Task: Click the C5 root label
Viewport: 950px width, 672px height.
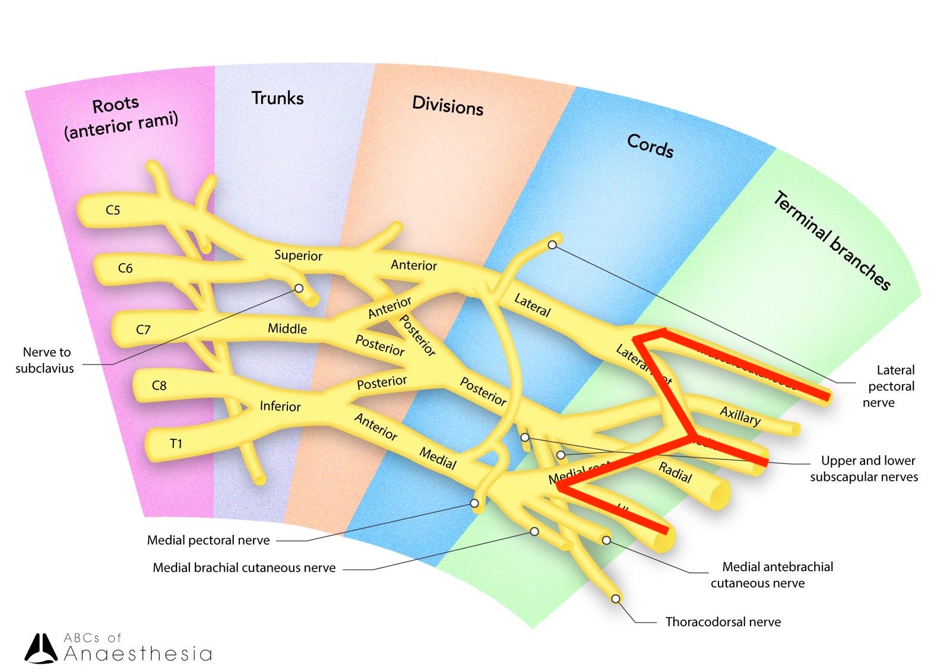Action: (x=113, y=210)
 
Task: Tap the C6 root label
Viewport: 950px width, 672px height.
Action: (x=125, y=268)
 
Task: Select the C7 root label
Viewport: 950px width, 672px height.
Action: (x=143, y=329)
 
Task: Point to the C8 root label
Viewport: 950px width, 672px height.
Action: (x=159, y=385)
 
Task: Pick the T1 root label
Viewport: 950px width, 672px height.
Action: (x=176, y=443)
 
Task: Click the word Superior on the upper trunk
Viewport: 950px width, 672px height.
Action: (x=298, y=255)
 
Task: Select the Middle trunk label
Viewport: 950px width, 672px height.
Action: (x=287, y=328)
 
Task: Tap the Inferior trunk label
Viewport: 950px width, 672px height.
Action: (x=280, y=406)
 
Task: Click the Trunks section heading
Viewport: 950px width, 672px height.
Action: (x=277, y=98)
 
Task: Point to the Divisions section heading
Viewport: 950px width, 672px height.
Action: (x=448, y=106)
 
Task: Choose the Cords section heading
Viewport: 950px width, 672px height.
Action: (x=650, y=145)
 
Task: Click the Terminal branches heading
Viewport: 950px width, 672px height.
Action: (x=832, y=240)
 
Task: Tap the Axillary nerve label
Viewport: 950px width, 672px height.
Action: (x=740, y=416)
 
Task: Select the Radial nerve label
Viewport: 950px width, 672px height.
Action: (x=675, y=472)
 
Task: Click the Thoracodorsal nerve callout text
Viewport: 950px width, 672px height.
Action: (x=723, y=622)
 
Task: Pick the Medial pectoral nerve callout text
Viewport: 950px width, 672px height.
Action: (x=208, y=540)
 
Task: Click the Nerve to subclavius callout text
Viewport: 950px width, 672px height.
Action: (x=45, y=360)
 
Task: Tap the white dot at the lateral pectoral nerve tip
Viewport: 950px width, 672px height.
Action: (x=552, y=245)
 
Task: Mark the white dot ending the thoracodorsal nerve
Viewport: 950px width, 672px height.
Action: (x=616, y=599)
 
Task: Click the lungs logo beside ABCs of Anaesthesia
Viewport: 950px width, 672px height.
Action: (x=41, y=648)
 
